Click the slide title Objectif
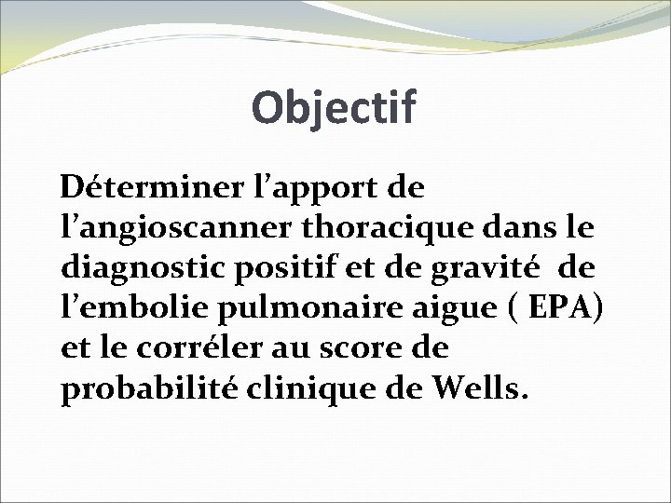(335, 109)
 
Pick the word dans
(524, 229)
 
